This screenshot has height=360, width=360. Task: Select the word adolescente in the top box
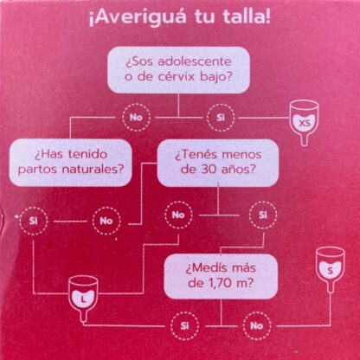point(195,62)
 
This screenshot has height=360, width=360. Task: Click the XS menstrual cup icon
point(304,122)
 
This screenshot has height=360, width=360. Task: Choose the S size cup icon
point(331,269)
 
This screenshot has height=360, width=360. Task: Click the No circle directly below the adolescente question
point(136,118)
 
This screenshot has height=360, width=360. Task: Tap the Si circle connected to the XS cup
point(221,118)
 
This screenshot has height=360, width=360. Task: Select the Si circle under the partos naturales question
point(34,221)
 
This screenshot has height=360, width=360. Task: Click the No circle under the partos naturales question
point(106,221)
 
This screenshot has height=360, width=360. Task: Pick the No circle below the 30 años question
point(178,215)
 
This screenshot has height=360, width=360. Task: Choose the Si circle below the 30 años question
point(263,215)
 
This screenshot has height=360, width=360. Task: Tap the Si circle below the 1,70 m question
point(184,326)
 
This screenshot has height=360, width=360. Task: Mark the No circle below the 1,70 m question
point(256,326)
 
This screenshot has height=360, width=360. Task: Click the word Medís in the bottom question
point(202,267)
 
